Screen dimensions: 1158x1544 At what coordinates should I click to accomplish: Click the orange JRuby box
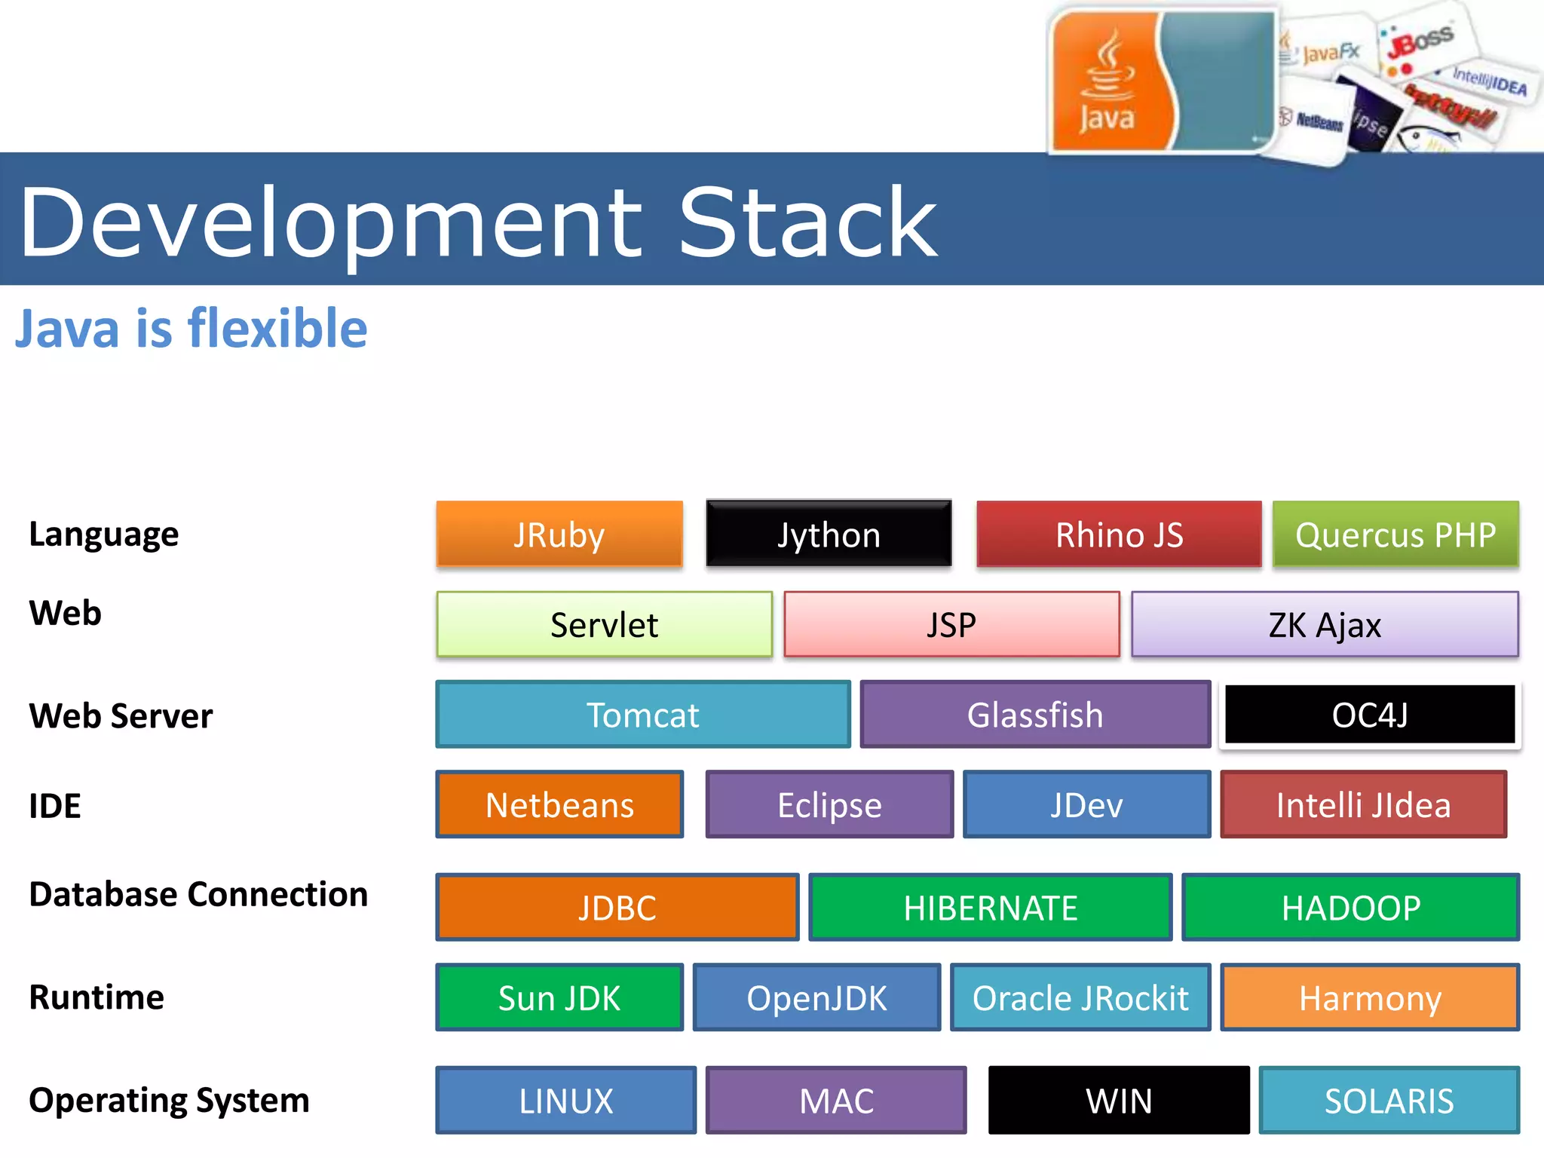pos(559,534)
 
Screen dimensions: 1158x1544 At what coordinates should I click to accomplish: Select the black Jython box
pos(829,534)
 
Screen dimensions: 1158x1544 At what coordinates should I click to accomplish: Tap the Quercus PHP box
pos(1395,534)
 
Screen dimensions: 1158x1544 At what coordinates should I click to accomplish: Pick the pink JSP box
pos(951,624)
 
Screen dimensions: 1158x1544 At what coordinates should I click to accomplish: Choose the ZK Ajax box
pos(1325,624)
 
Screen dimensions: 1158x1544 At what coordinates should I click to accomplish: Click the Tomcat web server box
pos(643,714)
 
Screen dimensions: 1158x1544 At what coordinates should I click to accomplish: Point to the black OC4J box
pos(1369,714)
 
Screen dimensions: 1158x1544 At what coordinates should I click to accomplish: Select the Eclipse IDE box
pos(829,804)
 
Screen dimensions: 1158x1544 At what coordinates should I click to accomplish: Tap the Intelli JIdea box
pos(1363,804)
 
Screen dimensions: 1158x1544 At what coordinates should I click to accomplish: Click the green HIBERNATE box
pos(991,907)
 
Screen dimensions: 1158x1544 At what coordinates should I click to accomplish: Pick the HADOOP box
pos(1350,907)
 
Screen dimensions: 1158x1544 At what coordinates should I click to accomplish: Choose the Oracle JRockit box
pos(1080,997)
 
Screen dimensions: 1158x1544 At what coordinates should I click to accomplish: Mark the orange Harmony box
pos(1370,997)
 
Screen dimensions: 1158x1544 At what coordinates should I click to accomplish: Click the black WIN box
pos(1119,1100)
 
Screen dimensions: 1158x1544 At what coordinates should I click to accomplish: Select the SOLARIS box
pos(1389,1100)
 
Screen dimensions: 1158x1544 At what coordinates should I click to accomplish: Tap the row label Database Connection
pos(198,894)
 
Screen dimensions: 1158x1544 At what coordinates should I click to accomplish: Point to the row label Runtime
pos(96,997)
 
